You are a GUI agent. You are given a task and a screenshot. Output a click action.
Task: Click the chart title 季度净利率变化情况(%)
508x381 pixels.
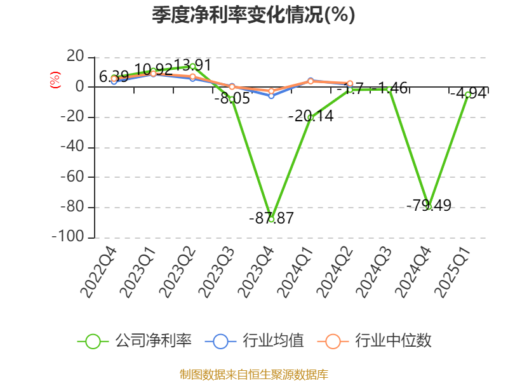(x=253, y=15)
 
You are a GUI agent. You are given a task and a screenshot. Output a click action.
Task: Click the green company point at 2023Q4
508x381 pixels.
(x=271, y=219)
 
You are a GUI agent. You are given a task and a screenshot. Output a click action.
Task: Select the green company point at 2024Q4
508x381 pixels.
(x=429, y=207)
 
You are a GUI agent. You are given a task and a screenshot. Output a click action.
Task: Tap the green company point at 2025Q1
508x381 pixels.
(x=468, y=95)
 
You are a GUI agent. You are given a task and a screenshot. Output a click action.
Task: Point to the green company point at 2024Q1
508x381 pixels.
(x=311, y=117)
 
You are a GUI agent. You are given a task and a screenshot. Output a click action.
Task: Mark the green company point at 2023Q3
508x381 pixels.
(x=232, y=99)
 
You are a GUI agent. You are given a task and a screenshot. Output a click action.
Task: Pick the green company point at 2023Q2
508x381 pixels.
(x=192, y=66)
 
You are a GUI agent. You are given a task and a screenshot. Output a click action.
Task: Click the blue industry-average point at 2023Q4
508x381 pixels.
(x=271, y=95)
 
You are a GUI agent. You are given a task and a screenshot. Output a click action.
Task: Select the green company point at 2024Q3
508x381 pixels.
(x=389, y=89)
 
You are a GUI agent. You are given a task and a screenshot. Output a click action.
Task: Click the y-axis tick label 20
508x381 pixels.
(x=76, y=57)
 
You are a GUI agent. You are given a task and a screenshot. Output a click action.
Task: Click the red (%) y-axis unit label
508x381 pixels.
(x=55, y=80)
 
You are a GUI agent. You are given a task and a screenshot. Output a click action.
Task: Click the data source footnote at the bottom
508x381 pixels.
(x=253, y=374)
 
